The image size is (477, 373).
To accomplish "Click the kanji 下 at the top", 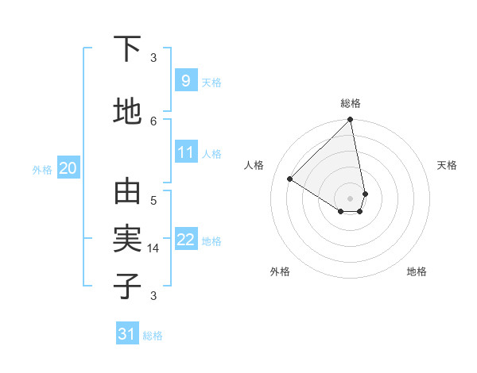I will coord(127,49).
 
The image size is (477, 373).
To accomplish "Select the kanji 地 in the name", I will coord(127,111).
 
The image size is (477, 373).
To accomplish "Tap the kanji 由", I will coord(127,192).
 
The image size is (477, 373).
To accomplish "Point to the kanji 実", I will coord(127,239).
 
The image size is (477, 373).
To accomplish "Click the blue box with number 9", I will coord(185,81).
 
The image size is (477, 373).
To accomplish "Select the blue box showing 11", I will coord(185,153).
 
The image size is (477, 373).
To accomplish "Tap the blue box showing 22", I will coord(185,240).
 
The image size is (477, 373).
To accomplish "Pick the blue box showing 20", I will coord(68,168).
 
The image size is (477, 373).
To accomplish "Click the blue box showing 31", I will coord(127,334).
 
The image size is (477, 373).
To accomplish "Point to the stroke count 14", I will coord(154,248).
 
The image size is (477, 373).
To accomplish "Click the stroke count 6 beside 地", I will coord(153,121).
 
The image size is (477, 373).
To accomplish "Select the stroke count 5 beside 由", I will coord(153,199).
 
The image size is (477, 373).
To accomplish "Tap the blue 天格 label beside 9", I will coord(211,82).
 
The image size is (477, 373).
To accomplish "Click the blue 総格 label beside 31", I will coord(153,336).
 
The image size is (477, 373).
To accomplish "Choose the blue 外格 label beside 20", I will coord(42,169).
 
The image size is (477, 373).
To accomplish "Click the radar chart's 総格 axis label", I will coord(351,103).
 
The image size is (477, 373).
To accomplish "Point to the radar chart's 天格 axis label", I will coord(447,165).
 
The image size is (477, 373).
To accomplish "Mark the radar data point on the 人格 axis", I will coord(290,179).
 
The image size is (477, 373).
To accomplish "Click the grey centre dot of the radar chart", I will coord(351,198).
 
